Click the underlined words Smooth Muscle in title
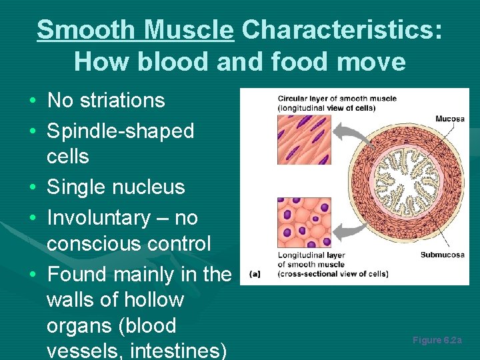coord(135,30)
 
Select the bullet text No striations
coord(106,101)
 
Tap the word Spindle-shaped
coord(120,131)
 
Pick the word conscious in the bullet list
coord(99,244)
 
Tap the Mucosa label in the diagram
coord(450,119)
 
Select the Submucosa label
coord(442,255)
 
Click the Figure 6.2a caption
coord(437,341)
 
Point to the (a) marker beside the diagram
coord(254,273)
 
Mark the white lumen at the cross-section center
coord(401,180)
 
